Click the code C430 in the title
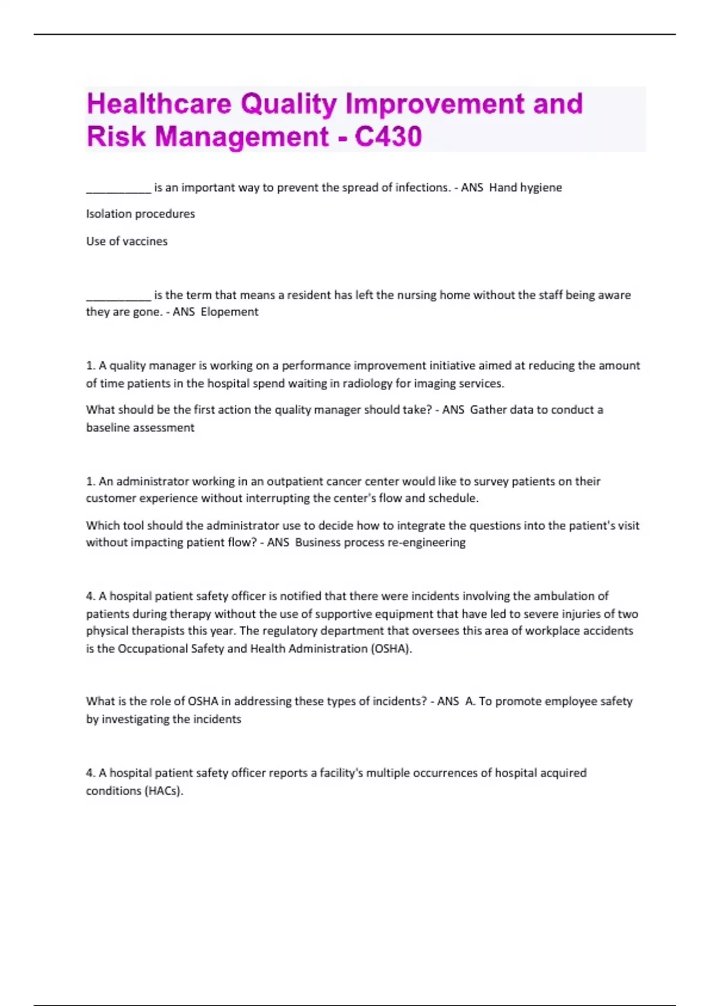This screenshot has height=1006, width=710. pyautogui.click(x=388, y=136)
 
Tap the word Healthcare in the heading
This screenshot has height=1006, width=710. pyautogui.click(x=159, y=104)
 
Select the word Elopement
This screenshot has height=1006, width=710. pyautogui.click(x=230, y=312)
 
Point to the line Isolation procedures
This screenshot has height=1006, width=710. pyautogui.click(x=140, y=214)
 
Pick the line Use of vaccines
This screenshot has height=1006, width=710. pyautogui.click(x=127, y=241)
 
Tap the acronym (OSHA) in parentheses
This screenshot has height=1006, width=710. pyautogui.click(x=391, y=649)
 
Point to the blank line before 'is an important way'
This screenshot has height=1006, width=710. pyautogui.click(x=118, y=189)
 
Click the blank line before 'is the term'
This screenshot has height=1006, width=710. pyautogui.click(x=118, y=297)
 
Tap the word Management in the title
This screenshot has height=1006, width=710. pyautogui.click(x=241, y=136)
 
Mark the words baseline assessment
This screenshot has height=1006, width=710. pyautogui.click(x=140, y=427)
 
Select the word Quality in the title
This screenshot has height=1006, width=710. pyautogui.click(x=288, y=104)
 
